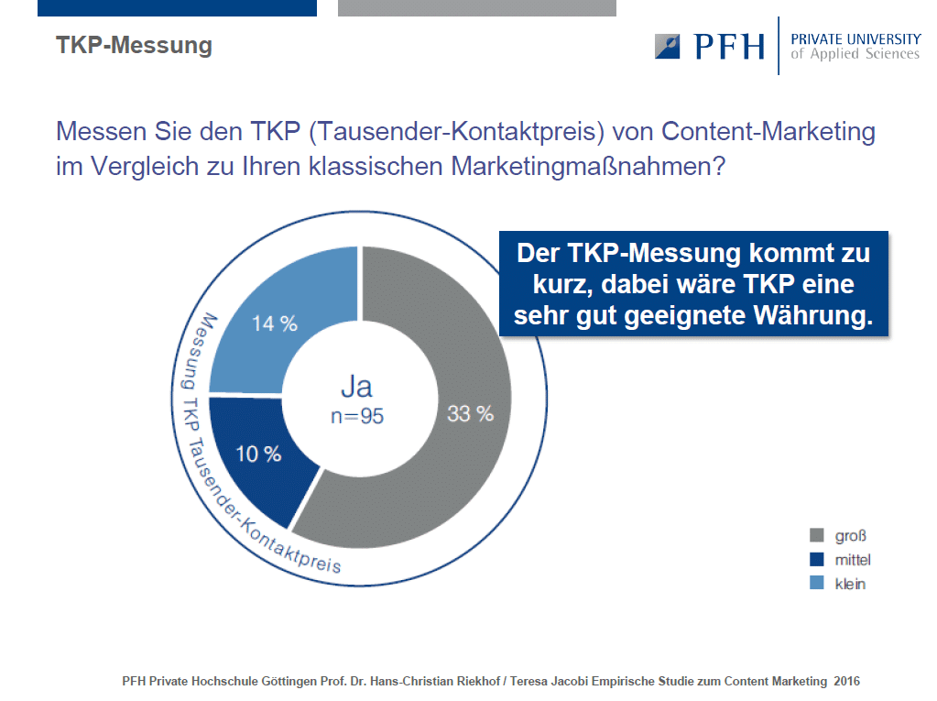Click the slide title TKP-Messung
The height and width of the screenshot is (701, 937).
(x=134, y=46)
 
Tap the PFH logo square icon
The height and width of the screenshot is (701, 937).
(x=667, y=46)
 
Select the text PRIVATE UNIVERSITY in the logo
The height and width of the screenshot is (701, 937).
(x=855, y=38)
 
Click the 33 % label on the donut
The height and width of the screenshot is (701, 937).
(x=470, y=413)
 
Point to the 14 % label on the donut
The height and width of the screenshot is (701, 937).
(x=274, y=323)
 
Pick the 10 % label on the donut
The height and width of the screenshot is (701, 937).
(x=258, y=455)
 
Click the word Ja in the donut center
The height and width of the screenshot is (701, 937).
(x=356, y=387)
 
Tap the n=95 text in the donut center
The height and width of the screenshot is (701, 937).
(x=357, y=416)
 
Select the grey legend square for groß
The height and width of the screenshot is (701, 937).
(x=816, y=535)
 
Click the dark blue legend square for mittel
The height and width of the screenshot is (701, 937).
(x=816, y=559)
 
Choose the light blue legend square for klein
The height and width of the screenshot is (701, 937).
(x=816, y=583)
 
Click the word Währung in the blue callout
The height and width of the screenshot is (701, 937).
(x=812, y=315)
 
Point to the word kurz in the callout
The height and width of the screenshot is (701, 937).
(x=562, y=284)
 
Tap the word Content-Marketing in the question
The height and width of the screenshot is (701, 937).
(x=768, y=131)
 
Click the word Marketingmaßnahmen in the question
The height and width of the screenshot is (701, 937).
(x=588, y=166)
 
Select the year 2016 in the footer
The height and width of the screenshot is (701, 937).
(x=846, y=681)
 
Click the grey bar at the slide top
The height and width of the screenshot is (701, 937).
(x=477, y=7)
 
